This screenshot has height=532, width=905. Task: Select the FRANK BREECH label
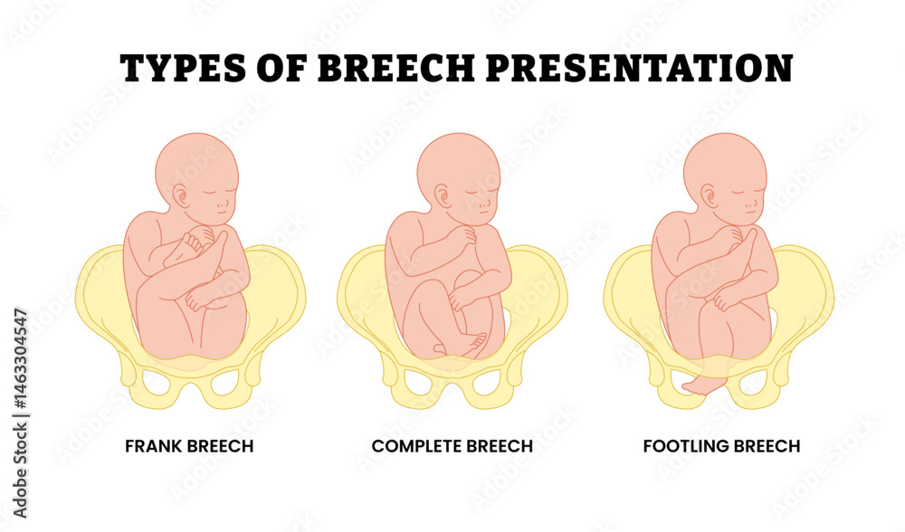pos(189,446)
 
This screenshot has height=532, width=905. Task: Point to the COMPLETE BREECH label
pos(452,446)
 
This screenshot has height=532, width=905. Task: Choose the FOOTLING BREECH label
pos(721,446)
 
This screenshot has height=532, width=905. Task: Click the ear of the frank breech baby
pos(181,196)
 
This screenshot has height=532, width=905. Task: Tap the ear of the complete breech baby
pos(443,196)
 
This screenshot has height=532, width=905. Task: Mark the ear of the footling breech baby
pos(707,196)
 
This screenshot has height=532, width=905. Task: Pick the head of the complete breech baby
pos(459,172)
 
